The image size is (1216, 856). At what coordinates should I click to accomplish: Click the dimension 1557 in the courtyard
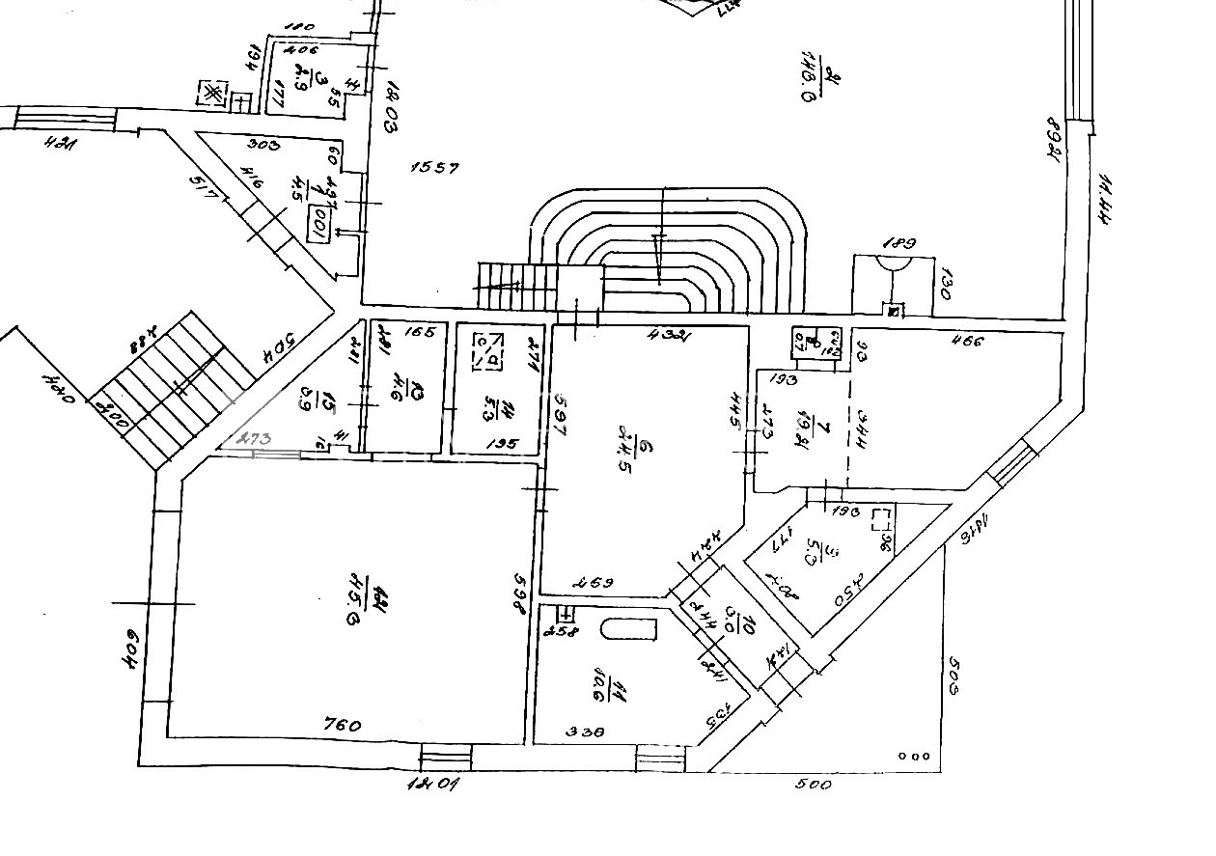tap(434, 167)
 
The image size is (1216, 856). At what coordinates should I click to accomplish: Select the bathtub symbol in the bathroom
tap(628, 630)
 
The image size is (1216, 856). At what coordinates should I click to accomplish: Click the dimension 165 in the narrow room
tap(422, 333)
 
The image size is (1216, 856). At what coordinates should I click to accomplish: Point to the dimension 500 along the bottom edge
tap(814, 785)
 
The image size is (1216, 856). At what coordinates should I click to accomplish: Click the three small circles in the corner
tap(913, 757)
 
